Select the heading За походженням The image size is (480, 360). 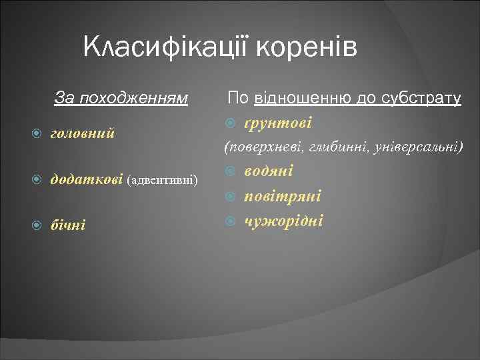pos(121,99)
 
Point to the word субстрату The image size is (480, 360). pos(420,99)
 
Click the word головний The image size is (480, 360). pos(83,133)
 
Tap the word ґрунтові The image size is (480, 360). pos(278,123)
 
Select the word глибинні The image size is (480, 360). pos(333,146)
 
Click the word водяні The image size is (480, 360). pos(269,171)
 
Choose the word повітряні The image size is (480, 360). pos(283,196)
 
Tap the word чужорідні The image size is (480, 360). pos(284,220)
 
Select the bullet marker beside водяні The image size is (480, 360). pos(231,172)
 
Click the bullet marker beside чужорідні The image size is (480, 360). pos(231,221)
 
